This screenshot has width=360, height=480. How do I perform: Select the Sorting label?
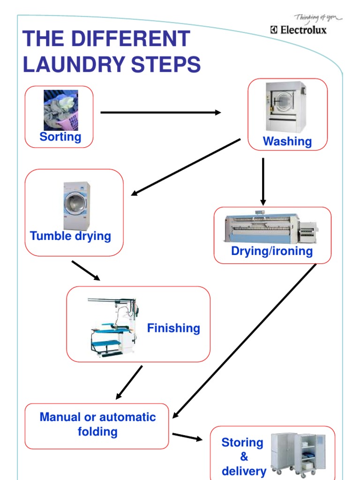click(60, 137)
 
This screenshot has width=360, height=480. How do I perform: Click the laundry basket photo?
click(61, 110)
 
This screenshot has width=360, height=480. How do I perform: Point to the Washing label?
click(287, 142)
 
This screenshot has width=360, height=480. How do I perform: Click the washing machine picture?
click(285, 107)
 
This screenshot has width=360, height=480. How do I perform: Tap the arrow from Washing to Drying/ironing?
click(263, 181)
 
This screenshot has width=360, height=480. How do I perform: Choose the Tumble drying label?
click(70, 236)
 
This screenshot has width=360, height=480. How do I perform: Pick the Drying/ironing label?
click(272, 251)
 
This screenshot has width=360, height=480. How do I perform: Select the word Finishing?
click(173, 328)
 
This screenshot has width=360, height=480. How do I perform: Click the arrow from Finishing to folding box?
click(129, 382)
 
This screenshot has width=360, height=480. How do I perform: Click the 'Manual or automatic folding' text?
click(97, 424)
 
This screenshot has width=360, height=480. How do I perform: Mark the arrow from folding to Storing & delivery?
click(187, 437)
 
